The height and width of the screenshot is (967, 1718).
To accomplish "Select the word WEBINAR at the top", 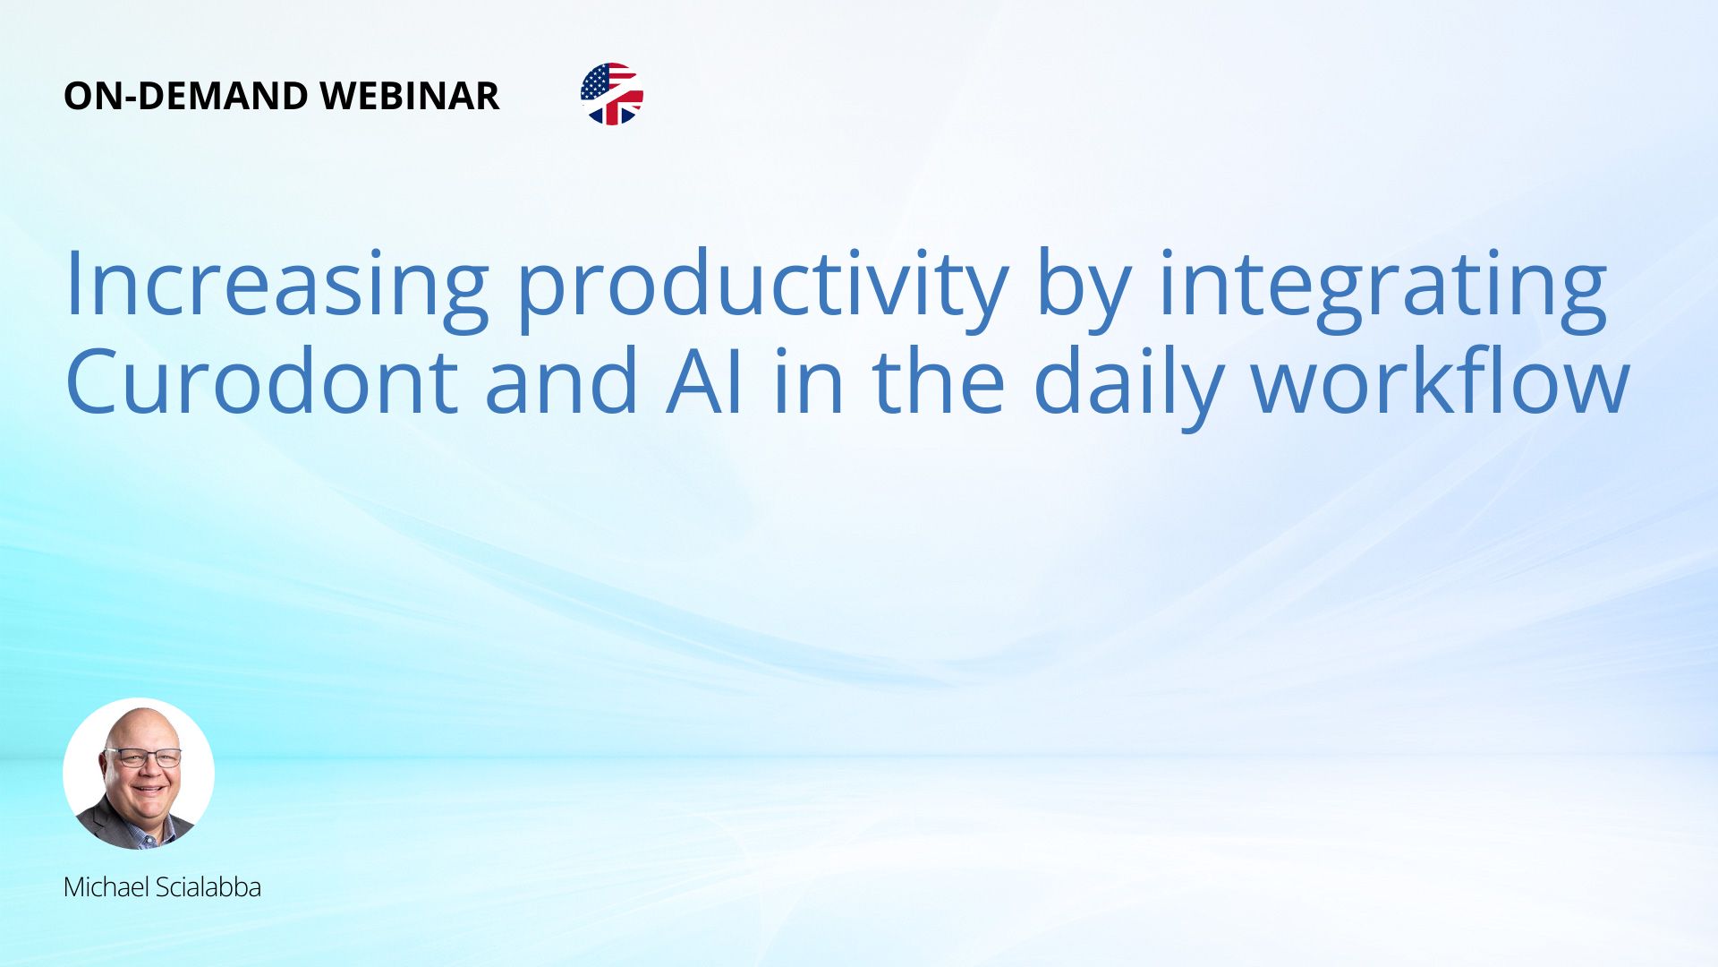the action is point(409,96).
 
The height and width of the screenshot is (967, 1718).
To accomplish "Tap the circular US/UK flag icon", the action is point(612,94).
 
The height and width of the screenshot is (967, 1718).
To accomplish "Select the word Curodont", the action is point(261,381).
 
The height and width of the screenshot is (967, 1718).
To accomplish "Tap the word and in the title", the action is point(562,381).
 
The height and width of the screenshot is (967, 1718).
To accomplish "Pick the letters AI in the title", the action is point(705,383).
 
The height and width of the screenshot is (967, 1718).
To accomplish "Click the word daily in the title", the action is point(1128,387).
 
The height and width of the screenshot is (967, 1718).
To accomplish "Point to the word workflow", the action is point(1440,381).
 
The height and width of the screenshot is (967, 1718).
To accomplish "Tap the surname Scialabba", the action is point(208,887).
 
